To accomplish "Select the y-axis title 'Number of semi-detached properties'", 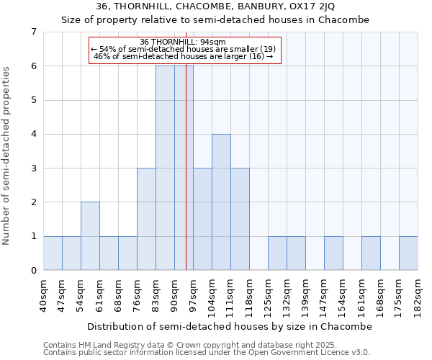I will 6,156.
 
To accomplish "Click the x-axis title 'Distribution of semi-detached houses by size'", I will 230,326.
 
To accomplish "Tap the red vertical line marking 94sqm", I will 186,180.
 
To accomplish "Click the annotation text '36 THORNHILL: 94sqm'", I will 184,42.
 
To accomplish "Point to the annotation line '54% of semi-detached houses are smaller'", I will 184,49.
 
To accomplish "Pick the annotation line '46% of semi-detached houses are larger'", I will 184,56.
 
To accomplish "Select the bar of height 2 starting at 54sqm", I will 90,236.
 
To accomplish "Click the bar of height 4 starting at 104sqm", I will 221,202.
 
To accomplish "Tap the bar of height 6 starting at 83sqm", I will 165,168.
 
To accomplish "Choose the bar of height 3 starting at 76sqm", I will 146,219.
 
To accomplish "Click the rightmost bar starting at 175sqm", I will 408,253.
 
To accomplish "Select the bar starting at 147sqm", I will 333,253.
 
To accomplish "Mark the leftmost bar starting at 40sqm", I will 53,253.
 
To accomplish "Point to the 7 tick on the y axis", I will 33,32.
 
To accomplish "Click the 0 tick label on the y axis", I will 33,271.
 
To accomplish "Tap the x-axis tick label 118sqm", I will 249,295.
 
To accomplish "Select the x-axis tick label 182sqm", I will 418,295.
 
